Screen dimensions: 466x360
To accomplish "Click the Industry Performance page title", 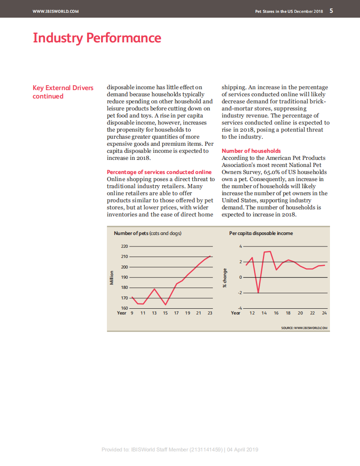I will click(97, 38).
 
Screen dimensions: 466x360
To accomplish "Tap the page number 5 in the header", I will click(331, 11).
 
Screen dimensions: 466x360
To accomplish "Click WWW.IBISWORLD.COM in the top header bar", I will click(56, 11).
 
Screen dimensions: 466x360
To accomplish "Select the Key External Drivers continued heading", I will click(63, 92).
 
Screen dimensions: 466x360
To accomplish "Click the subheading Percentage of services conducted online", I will click(159, 172).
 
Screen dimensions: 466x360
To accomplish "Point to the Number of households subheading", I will click(251, 151).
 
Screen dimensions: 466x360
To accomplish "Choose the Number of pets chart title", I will click(148, 233).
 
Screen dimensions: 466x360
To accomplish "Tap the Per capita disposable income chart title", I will click(261, 233).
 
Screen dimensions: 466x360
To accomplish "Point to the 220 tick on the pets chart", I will click(124, 246).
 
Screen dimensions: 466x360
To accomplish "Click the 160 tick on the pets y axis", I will click(124, 308).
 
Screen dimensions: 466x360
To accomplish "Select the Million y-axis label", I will click(112, 277).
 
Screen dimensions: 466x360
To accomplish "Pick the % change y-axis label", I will click(225, 278).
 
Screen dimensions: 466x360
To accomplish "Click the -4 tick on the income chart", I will click(241, 308).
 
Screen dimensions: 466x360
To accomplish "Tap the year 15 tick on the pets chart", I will click(165, 313).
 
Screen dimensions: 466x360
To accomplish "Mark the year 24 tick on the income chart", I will click(324, 313).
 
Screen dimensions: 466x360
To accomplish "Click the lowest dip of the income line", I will click(258, 292).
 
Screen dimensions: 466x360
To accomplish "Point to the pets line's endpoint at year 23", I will click(210, 256).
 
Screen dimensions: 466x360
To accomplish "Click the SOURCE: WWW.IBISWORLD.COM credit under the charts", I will click(304, 328).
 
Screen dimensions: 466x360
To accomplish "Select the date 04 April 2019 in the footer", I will click(243, 450).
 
